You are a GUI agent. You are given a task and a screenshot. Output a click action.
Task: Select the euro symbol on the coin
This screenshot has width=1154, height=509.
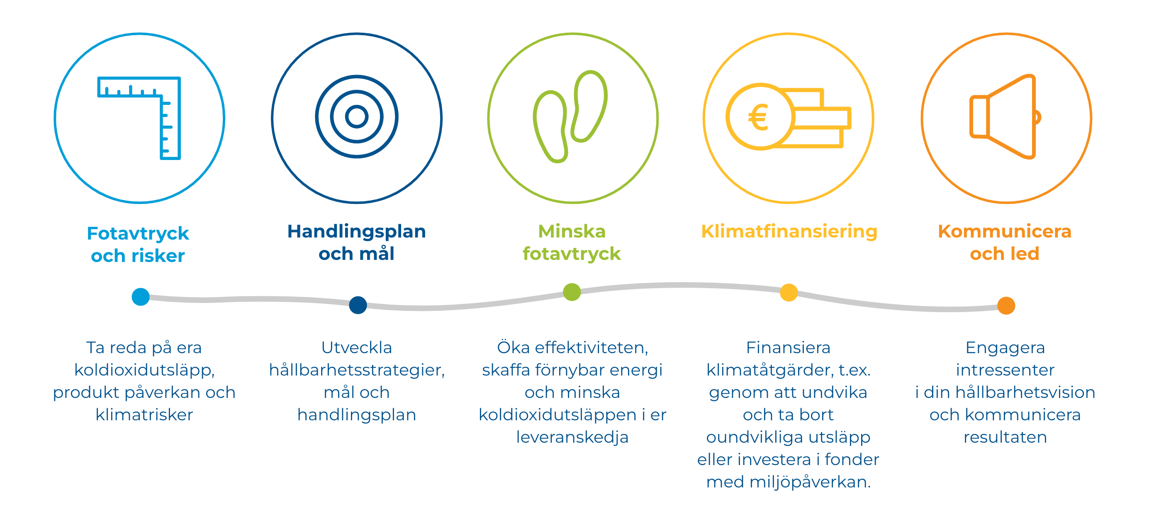(758, 117)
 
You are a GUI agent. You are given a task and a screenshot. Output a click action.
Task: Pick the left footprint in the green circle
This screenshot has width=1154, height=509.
(550, 127)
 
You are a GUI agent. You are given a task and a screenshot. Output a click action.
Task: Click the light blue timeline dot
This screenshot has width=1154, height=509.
(141, 297)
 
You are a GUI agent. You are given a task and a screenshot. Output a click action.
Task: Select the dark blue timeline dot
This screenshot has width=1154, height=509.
(358, 305)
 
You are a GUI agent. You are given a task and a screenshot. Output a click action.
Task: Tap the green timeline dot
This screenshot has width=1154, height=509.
(572, 292)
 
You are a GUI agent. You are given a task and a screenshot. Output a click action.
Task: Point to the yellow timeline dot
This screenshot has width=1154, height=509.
(789, 293)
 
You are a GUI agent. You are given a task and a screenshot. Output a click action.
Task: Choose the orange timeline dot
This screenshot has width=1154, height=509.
(1006, 306)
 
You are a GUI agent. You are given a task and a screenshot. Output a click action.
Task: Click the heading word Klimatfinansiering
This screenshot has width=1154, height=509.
(789, 232)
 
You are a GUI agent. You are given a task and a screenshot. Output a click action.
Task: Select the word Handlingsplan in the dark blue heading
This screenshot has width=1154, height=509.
(357, 232)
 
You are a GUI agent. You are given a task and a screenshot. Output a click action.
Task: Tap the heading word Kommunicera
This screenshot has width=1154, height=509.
(1004, 231)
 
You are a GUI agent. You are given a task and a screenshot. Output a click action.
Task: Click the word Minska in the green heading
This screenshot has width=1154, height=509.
(572, 231)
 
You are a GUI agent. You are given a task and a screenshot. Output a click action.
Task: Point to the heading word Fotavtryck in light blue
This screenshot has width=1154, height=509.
(138, 234)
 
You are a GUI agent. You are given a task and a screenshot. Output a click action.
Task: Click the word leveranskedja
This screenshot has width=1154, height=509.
(572, 437)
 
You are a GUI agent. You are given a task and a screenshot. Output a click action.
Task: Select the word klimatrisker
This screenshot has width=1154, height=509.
(144, 414)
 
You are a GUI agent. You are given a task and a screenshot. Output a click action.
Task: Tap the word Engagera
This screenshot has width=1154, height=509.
(1005, 348)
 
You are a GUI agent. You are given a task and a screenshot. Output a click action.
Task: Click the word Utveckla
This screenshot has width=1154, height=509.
(357, 347)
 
